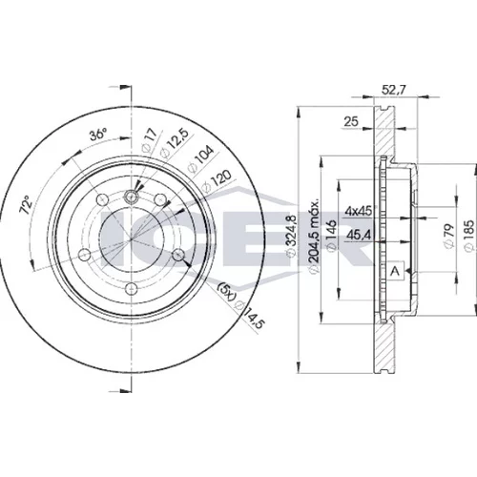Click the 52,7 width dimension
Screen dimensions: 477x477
393,91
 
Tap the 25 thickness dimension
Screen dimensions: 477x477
351,121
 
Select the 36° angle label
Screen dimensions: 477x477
97,135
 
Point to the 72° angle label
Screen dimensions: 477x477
26,204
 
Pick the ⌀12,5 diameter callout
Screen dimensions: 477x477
173,143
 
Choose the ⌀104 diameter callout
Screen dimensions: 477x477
199,160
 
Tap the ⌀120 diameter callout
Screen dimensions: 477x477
217,181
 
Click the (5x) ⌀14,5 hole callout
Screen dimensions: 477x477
240,306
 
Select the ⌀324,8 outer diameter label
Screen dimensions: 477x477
291,235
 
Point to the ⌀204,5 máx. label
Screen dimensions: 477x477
314,236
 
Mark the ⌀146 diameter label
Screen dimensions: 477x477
332,236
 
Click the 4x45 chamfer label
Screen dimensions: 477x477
359,211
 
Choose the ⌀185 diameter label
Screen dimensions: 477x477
469,236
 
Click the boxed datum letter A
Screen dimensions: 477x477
395,271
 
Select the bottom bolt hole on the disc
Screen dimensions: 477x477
131,289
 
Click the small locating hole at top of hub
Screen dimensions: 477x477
131,197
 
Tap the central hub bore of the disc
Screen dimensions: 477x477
131,239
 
